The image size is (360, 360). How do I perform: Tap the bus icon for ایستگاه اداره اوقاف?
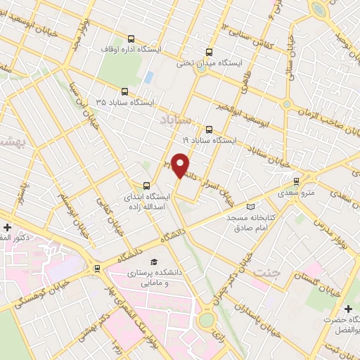pos(130,39)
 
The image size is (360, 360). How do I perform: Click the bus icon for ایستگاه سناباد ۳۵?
pos(125,91)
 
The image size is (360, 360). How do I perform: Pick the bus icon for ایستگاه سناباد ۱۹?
pos(208,129)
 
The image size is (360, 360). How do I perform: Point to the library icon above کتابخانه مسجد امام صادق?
pos(252,207)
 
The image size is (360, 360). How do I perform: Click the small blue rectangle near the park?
pos(148,76)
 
